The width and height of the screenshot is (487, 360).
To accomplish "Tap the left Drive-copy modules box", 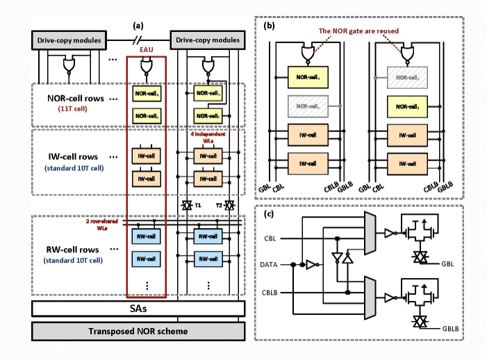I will tap(66, 42).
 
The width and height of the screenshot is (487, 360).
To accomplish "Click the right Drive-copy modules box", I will tap(211, 42).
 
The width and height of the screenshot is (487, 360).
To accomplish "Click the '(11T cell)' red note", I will tap(67, 108).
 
